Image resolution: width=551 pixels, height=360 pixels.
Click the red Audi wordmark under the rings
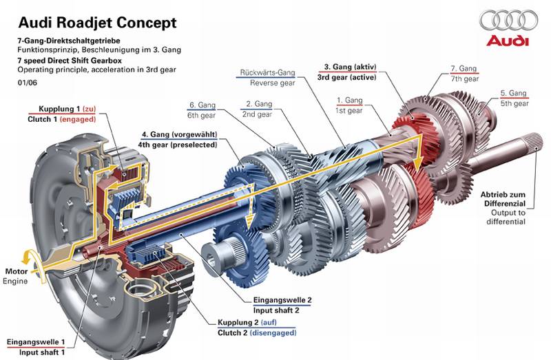[x=508, y=41]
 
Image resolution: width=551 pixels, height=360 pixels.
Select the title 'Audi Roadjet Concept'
[x=97, y=23]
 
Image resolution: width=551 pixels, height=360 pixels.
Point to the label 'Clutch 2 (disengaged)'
[x=257, y=332]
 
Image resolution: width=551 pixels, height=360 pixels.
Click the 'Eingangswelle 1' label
[x=37, y=342]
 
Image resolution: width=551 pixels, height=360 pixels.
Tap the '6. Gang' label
[x=202, y=105]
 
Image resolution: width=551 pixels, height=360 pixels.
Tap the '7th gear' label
[x=464, y=78]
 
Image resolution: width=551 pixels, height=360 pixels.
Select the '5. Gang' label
[x=513, y=93]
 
